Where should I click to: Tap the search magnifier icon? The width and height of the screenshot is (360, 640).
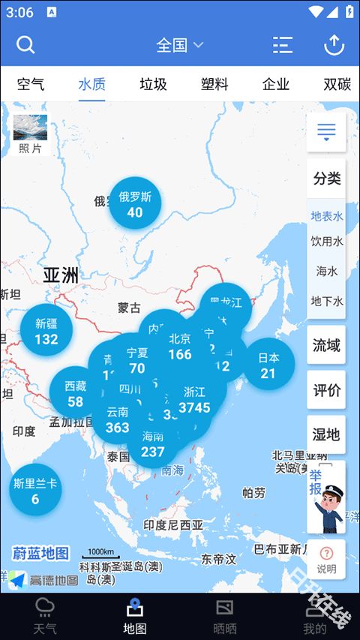[x=26, y=45]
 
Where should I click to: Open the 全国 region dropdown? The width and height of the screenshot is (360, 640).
[x=179, y=45]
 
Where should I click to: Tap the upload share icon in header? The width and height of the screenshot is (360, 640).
[x=334, y=45]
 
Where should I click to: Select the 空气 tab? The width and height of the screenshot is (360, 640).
[x=31, y=84]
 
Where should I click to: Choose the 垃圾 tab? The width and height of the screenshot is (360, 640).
[x=153, y=84]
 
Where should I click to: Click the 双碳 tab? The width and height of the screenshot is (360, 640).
[x=337, y=84]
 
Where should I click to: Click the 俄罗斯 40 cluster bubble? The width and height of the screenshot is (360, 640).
[x=135, y=203]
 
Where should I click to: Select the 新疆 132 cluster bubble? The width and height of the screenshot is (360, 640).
[x=46, y=331]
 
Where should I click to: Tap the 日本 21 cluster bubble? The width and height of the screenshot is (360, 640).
[x=268, y=365]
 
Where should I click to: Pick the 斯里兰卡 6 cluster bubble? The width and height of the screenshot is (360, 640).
[x=34, y=491]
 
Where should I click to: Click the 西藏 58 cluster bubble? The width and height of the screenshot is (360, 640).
[x=75, y=393]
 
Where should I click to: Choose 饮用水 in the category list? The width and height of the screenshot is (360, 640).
[x=327, y=242]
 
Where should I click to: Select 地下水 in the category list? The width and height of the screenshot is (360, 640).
[x=327, y=301]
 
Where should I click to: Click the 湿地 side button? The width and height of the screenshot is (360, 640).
[x=326, y=434]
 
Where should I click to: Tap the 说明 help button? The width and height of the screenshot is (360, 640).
[x=326, y=560]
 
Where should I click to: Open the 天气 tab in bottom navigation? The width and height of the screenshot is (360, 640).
[x=45, y=616]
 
